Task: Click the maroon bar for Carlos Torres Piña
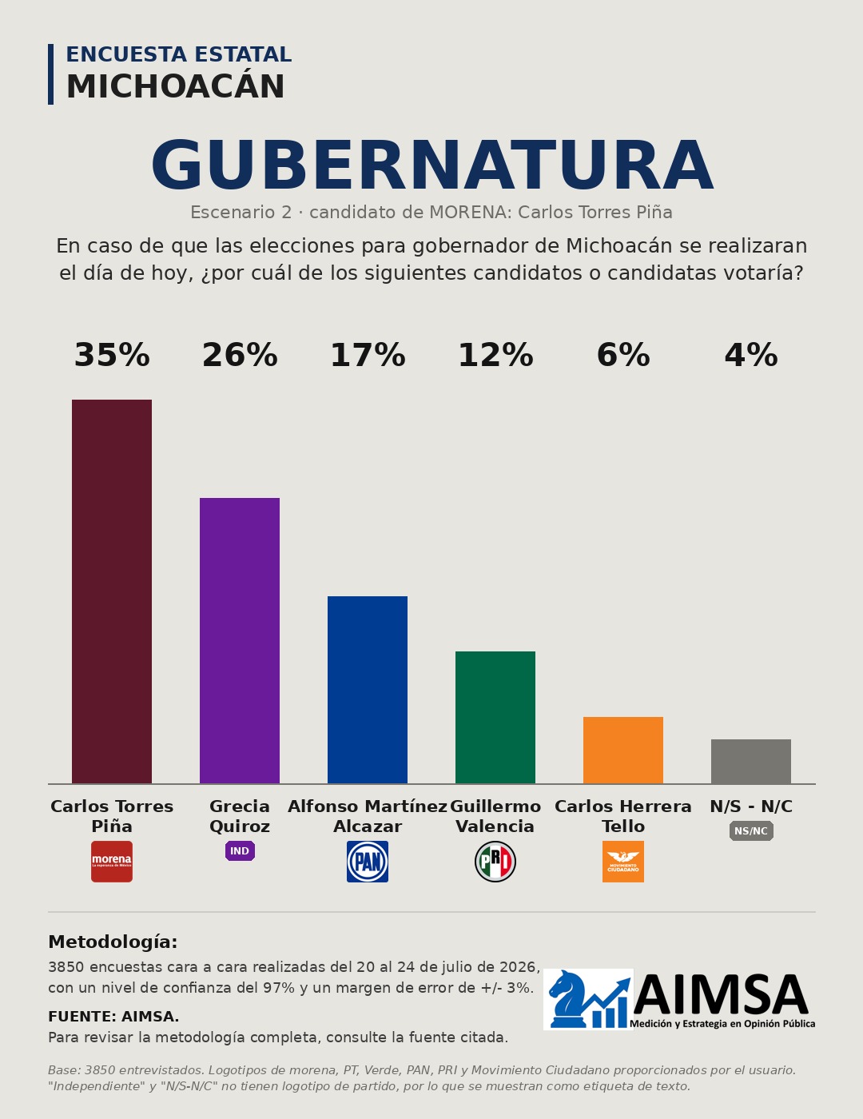(112, 591)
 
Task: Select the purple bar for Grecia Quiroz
(239, 640)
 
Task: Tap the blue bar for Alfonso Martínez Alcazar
(368, 690)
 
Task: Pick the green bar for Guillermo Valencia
(495, 717)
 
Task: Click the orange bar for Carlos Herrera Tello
(623, 750)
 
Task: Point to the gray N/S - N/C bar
(751, 761)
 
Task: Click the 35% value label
(112, 356)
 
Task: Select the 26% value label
(240, 356)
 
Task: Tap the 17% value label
(368, 356)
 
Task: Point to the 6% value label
(623, 356)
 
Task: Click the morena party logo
(112, 862)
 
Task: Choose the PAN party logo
(368, 862)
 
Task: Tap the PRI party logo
(495, 862)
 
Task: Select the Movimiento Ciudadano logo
(623, 862)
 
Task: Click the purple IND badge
(240, 850)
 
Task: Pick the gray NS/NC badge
(751, 830)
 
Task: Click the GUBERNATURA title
(431, 165)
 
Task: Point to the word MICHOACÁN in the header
(176, 86)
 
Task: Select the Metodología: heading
(113, 942)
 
